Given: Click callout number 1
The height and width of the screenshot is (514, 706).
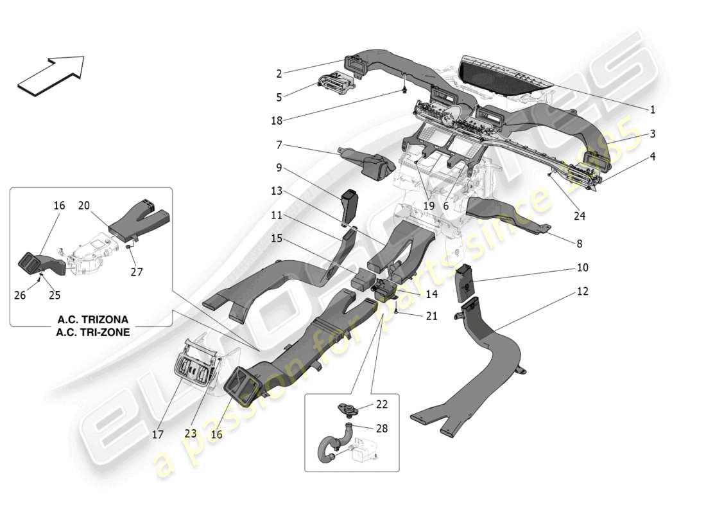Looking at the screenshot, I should tap(652, 110).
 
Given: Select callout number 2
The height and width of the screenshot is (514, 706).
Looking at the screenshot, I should tap(279, 74).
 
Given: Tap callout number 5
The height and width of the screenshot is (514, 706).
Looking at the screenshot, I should tap(279, 98).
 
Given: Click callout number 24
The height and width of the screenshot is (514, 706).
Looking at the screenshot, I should tap(580, 217).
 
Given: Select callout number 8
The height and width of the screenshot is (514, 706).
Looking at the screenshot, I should tap(580, 244).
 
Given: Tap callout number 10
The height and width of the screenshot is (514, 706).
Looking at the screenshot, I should tap(582, 268).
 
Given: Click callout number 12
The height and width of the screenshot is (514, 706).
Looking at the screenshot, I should tap(582, 292).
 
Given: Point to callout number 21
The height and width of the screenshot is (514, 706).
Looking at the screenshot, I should tap(431, 316).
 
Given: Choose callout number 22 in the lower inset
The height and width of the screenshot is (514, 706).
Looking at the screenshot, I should tap(381, 403).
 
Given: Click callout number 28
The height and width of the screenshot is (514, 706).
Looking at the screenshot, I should tap(381, 428).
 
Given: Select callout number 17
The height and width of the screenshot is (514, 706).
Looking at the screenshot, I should tap(158, 434).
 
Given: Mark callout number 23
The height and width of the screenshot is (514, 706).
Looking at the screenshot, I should tap(191, 434).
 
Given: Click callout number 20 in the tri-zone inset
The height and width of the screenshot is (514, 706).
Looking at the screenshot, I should tap(84, 206).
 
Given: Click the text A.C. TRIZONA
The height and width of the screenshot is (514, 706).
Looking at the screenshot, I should tap(93, 319).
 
